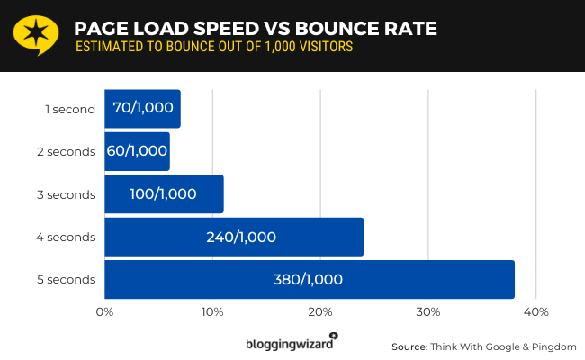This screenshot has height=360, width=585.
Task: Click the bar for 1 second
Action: (142, 109)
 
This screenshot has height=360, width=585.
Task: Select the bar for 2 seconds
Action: (137, 151)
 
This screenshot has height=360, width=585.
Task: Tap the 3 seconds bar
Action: (164, 193)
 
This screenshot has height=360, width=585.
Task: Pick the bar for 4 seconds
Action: (234, 237)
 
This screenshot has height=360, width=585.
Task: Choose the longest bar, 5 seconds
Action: (309, 279)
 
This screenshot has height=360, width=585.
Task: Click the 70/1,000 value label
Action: (143, 109)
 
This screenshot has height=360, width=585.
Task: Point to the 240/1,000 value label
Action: (241, 238)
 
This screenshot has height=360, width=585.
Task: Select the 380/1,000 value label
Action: (308, 280)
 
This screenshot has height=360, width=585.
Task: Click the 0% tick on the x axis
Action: (104, 311)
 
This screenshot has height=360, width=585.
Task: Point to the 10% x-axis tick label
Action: (212, 311)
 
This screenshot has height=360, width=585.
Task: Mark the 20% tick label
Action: (320, 311)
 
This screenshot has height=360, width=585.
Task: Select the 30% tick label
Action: (428, 311)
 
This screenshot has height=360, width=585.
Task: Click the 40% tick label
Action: (536, 311)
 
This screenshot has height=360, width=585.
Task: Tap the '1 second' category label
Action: (70, 110)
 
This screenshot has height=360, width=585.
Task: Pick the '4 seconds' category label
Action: (66, 238)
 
